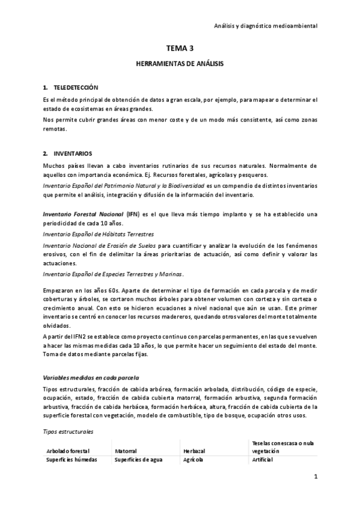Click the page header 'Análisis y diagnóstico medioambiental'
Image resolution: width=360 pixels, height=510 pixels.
pyautogui.click(x=266, y=26)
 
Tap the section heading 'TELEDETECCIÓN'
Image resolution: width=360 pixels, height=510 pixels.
pyautogui.click(x=76, y=88)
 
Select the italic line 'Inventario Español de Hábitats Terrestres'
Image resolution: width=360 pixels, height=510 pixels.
pyautogui.click(x=99, y=234)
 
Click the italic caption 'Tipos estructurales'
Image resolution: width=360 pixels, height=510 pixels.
pyautogui.click(x=67, y=432)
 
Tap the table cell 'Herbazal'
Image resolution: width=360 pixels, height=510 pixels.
pyautogui.click(x=192, y=450)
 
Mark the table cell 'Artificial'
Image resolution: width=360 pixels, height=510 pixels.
pyautogui.click(x=263, y=459)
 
